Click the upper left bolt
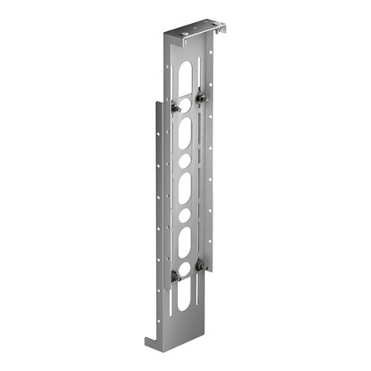click(x=176, y=107)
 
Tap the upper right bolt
click(x=201, y=97)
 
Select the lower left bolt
click(x=176, y=275)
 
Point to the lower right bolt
click(x=200, y=265)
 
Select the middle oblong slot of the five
click(x=185, y=187)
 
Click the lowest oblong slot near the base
click(x=185, y=298)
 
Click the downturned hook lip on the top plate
click(x=220, y=32)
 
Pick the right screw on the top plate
click(x=208, y=30)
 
